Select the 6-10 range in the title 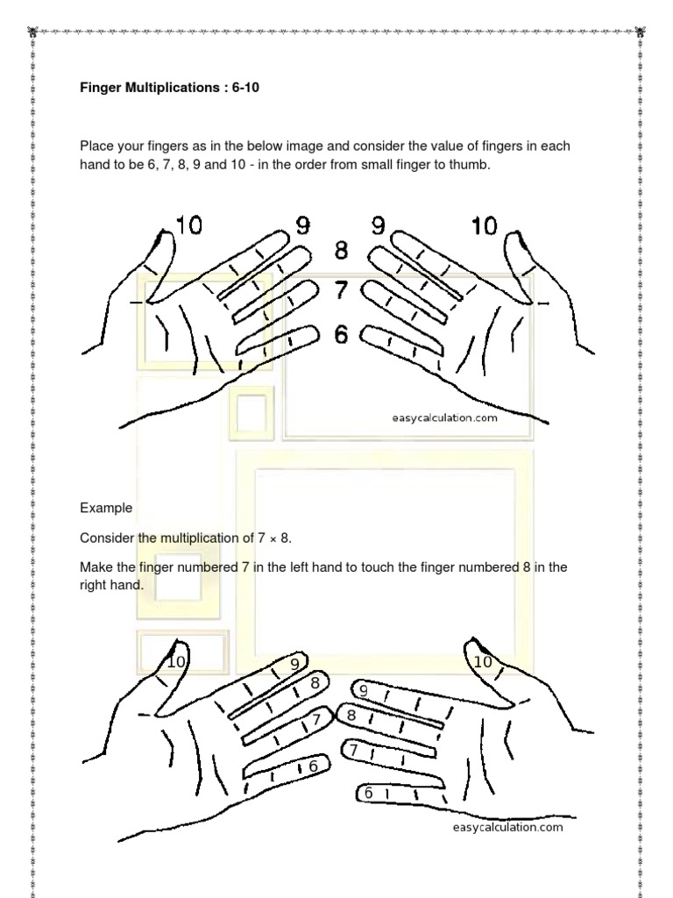[x=245, y=88]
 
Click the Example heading [x=106, y=508]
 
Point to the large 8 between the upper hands [x=341, y=250]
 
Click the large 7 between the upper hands [x=341, y=289]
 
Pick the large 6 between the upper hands [x=341, y=334]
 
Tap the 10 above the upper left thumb [x=188, y=225]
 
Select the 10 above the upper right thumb [x=484, y=226]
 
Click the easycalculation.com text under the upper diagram [x=444, y=418]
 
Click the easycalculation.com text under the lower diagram [x=507, y=828]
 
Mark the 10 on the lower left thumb [x=176, y=662]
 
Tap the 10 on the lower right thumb [x=483, y=662]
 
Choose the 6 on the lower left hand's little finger [x=313, y=766]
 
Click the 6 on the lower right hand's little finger [x=368, y=793]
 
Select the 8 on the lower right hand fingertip [x=351, y=716]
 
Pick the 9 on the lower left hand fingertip [x=295, y=664]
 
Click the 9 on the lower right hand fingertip [x=364, y=691]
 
